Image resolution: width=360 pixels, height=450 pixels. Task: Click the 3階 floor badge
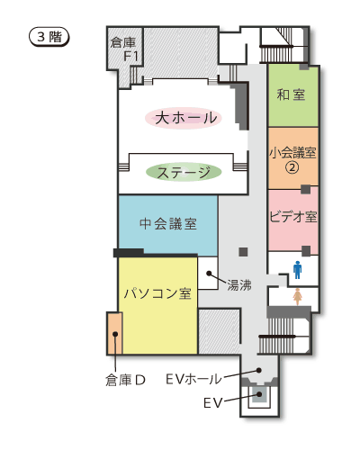[x=49, y=37]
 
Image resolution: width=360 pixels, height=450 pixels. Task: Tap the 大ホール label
[x=184, y=118]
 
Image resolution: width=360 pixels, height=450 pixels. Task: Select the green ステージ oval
[x=184, y=172]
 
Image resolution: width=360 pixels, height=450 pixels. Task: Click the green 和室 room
[x=293, y=94]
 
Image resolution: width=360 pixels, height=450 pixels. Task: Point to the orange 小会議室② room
[x=293, y=157]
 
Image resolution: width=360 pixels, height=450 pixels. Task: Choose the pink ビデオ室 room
[x=293, y=218]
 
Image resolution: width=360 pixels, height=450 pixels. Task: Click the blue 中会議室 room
[x=167, y=224]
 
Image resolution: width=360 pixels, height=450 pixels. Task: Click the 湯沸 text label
[x=238, y=284]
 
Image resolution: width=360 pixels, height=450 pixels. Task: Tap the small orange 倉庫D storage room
[x=114, y=333]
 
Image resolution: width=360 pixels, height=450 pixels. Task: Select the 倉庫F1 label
[x=124, y=49]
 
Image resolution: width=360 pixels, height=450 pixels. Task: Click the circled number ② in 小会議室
[x=291, y=166]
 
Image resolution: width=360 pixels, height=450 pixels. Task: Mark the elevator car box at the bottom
[x=260, y=393]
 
